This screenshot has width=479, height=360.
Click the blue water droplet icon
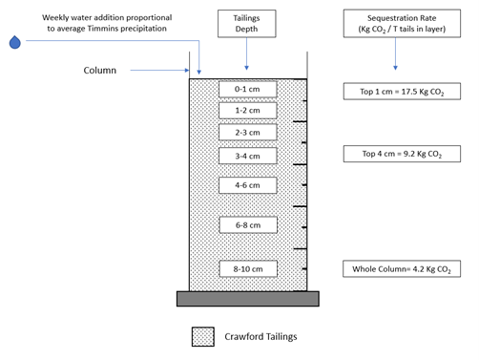click(15, 42)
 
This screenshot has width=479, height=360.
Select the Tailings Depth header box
click(247, 24)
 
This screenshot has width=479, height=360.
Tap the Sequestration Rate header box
click(402, 24)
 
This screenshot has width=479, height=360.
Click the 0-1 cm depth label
click(247, 89)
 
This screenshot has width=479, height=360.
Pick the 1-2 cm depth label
click(247, 111)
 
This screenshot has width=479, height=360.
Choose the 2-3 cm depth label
click(247, 132)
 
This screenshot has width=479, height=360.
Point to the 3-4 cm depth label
click(247, 156)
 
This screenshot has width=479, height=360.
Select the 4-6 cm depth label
click(247, 185)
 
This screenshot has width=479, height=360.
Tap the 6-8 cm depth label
click(248, 225)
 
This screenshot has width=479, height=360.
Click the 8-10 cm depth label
click(248, 269)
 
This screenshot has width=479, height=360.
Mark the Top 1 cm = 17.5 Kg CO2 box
click(402, 92)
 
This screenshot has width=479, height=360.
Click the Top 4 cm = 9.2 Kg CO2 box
click(402, 154)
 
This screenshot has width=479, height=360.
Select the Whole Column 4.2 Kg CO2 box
click(402, 269)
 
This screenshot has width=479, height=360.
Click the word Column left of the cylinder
click(100, 71)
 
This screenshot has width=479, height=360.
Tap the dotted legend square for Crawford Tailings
click(203, 337)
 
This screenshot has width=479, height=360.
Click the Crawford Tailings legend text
click(260, 337)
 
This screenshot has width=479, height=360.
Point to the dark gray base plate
click(248, 299)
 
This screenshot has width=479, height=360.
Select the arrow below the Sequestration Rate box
click(395, 53)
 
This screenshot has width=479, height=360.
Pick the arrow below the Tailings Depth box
click(246, 53)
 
